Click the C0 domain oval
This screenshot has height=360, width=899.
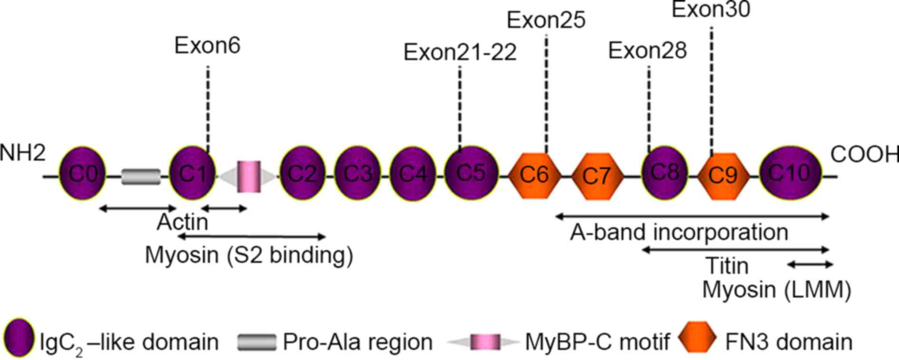tap(82, 174)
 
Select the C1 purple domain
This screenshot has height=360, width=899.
tap(192, 174)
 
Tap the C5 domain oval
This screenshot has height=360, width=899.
tap(471, 173)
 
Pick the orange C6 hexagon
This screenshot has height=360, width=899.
tap(534, 175)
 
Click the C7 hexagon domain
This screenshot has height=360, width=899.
tap(596, 176)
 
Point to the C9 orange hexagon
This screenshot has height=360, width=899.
tap(723, 175)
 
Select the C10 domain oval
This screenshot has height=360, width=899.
tap(790, 173)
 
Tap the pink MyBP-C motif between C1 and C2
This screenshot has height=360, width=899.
tap(249, 177)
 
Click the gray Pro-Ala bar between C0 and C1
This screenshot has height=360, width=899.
tap(141, 176)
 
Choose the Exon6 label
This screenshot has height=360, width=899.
tap(207, 46)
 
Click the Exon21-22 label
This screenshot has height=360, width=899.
tap(460, 52)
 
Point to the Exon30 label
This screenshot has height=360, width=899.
tap(711, 10)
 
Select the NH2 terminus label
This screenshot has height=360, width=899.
tap(23, 153)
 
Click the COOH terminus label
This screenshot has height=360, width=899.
tap(864, 155)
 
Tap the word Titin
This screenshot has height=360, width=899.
tap(727, 265)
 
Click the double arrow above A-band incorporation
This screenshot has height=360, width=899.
tap(692, 216)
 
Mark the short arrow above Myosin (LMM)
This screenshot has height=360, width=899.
tap(810, 265)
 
